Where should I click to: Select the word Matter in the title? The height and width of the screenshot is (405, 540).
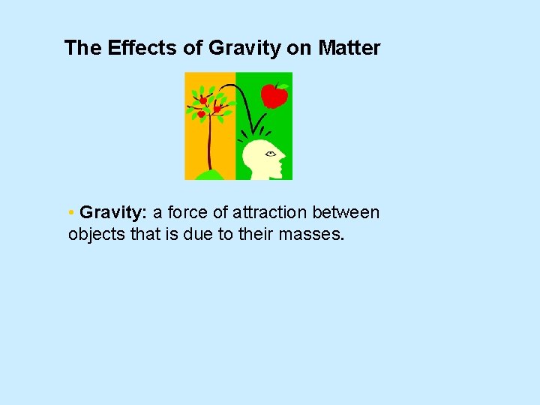point(349,49)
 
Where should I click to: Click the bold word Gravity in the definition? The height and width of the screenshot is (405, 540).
point(112,213)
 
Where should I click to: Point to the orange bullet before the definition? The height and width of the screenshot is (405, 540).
point(70,213)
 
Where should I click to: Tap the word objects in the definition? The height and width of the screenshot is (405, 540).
point(94,234)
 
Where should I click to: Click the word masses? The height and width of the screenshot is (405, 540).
point(311,234)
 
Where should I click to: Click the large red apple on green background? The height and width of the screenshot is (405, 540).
point(274,95)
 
